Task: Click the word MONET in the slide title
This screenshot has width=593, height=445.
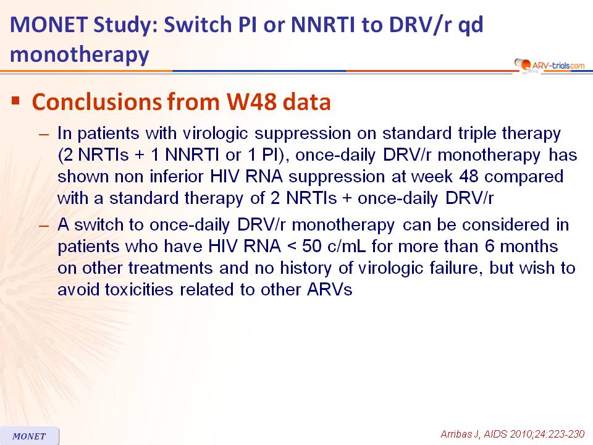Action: coord(49,25)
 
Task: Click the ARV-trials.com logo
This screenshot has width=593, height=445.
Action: coord(549,66)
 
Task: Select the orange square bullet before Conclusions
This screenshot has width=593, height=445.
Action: coord(15,101)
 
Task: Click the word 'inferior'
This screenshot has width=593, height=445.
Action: coord(177,177)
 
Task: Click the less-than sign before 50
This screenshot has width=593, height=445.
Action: coord(292,247)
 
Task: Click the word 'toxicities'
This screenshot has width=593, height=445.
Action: coord(139,290)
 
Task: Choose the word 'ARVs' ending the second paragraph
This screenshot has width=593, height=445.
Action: coord(329,290)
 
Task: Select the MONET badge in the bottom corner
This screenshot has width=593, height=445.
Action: coord(29,436)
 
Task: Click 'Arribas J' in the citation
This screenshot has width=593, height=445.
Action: coord(461,434)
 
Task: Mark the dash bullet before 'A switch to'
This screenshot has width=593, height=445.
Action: coord(44,226)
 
